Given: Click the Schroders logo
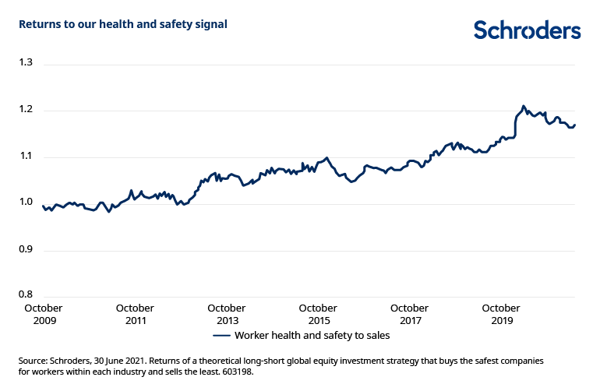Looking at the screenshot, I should (528, 30).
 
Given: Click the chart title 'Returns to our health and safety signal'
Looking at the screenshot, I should (123, 25).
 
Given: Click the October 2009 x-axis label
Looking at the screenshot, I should (43, 315).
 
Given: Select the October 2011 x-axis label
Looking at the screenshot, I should (135, 315).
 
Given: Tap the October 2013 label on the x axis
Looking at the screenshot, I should (227, 315).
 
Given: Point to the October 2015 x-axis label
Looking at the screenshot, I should (318, 315).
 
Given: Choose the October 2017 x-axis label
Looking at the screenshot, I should (409, 315).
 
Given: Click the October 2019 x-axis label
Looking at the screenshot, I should (501, 315).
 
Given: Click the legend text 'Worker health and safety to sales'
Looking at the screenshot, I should (312, 336).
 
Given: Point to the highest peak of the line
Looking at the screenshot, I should (523, 106).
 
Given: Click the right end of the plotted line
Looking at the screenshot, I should (575, 125).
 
